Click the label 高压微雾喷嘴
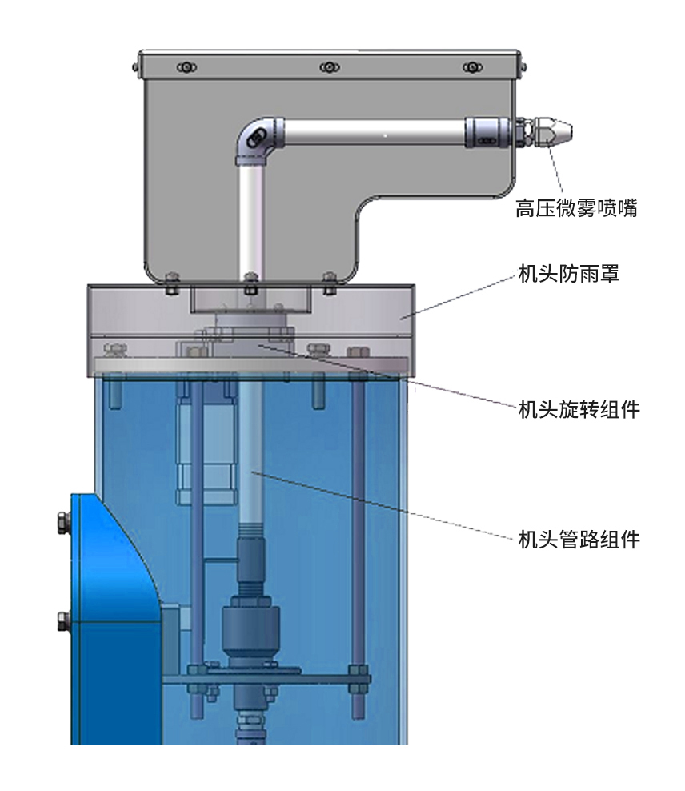(576, 210)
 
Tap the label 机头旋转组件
(579, 409)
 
